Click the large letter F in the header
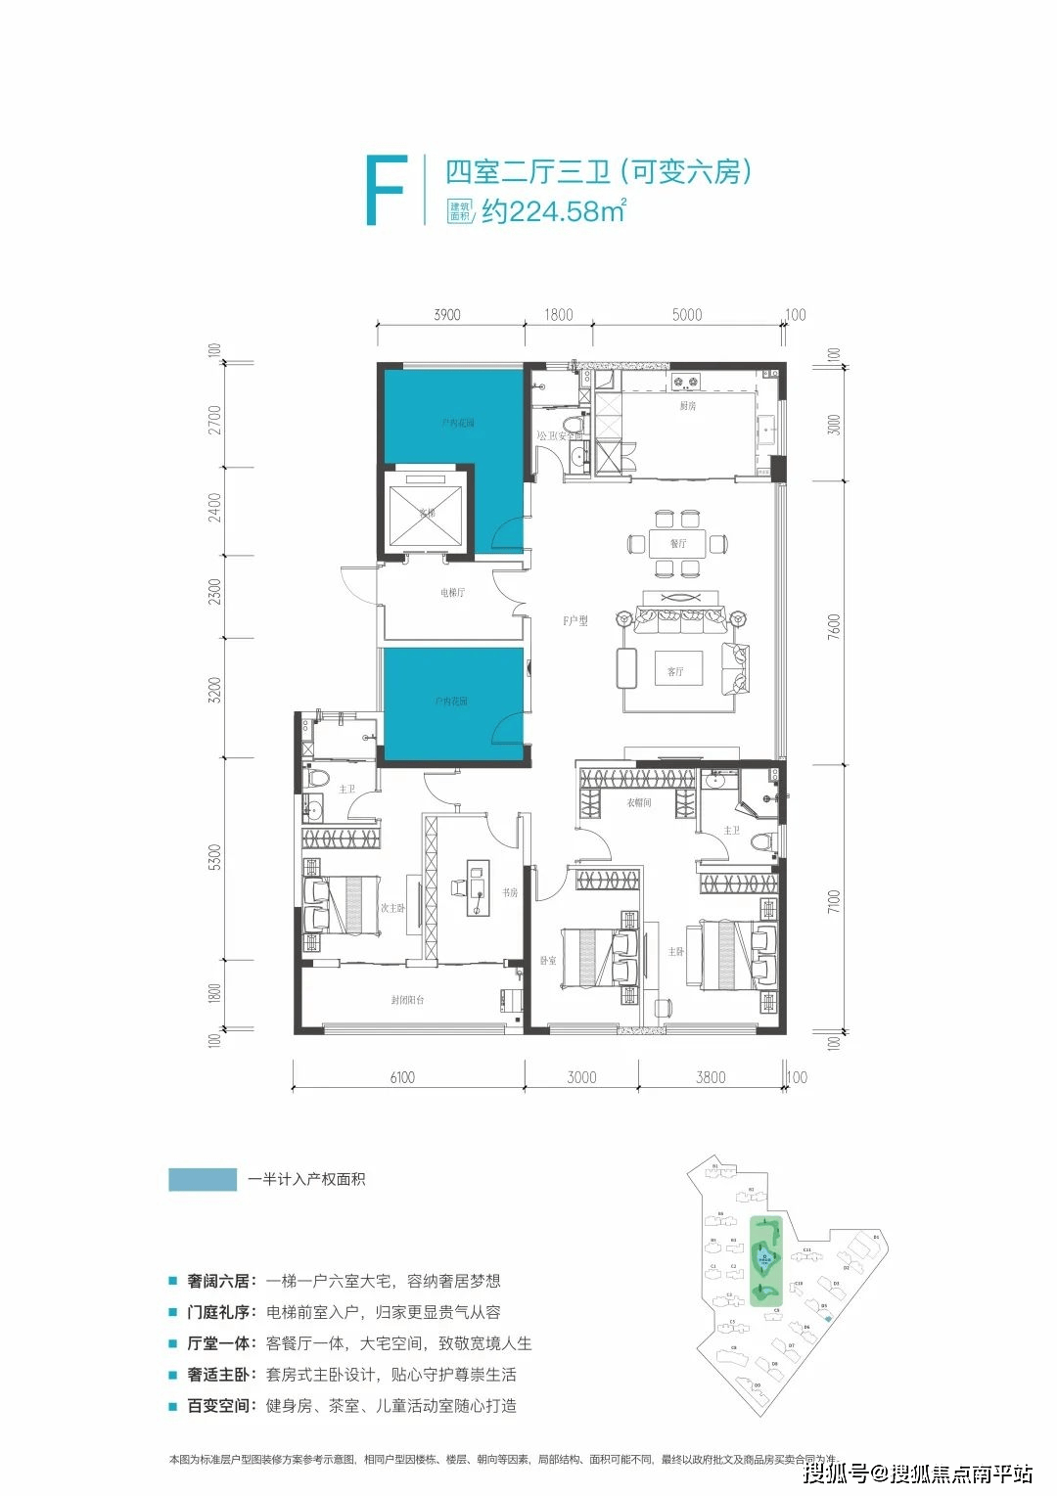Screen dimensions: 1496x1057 tap(385, 191)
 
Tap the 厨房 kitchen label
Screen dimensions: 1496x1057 tap(688, 405)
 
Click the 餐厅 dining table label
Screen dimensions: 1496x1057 tap(678, 543)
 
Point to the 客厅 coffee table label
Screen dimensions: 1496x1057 tap(675, 671)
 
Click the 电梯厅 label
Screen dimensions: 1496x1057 tap(452, 593)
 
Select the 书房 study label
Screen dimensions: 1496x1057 tap(510, 892)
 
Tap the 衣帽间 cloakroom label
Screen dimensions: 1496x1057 tap(639, 802)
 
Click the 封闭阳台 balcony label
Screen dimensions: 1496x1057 tap(407, 1000)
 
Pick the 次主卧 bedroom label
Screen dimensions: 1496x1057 tap(392, 908)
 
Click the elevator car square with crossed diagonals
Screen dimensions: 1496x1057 tap(426, 512)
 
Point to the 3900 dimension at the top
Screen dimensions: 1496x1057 tap(447, 315)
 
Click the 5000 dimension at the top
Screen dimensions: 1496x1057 tap(687, 315)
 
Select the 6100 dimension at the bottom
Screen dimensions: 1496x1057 tap(402, 1077)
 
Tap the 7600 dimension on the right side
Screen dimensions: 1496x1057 tap(834, 626)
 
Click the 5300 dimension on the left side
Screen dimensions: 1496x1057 tap(215, 857)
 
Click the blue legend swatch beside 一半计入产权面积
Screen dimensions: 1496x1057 tap(203, 1179)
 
